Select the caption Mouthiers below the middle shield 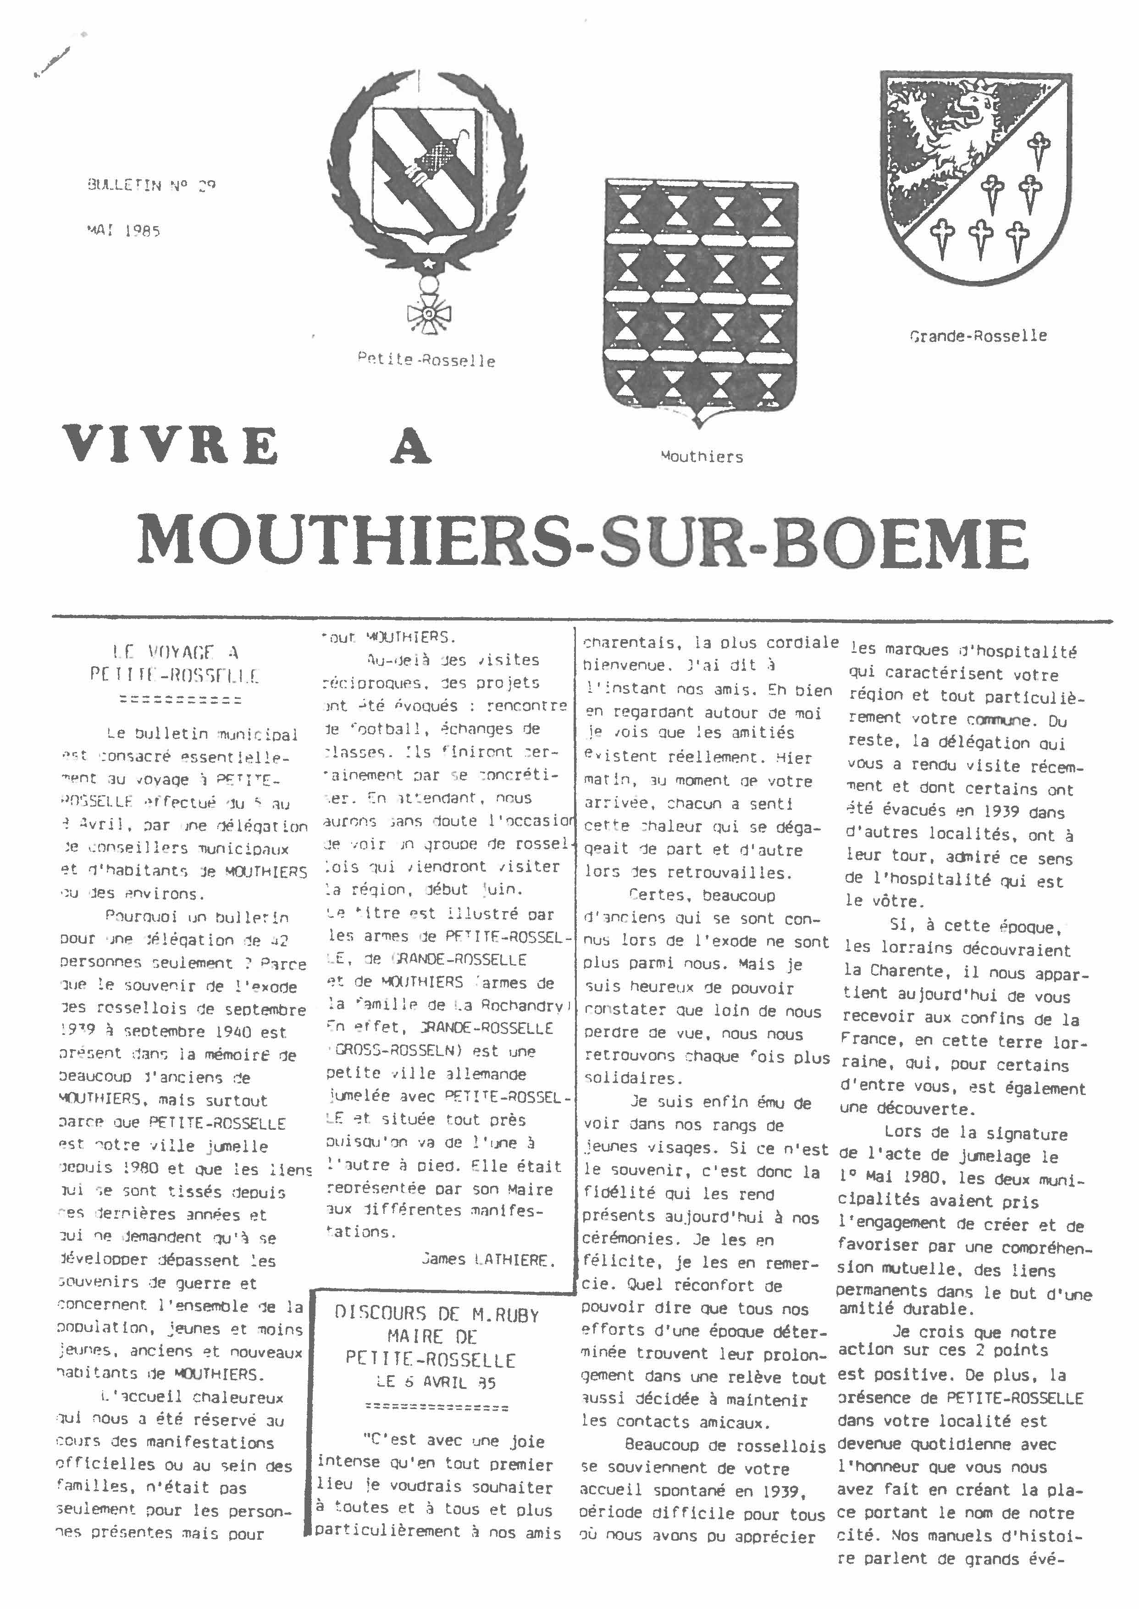pyautogui.click(x=702, y=457)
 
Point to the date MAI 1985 pyautogui.click(x=123, y=230)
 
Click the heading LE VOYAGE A pyautogui.click(x=175, y=652)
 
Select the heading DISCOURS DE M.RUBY pyautogui.click(x=436, y=1314)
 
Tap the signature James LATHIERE pyautogui.click(x=488, y=1259)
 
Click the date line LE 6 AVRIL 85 pyautogui.click(x=436, y=1382)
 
